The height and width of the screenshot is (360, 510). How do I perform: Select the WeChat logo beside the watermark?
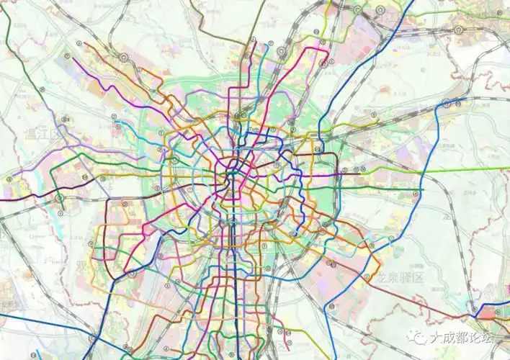pyautogui.click(x=416, y=336)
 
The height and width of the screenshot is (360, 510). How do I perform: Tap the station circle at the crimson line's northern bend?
pyautogui.click(x=323, y=63)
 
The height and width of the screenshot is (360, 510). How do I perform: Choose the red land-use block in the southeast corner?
pyautogui.click(x=497, y=312)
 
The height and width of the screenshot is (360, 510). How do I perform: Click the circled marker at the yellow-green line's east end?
pyautogui.click(x=447, y=103)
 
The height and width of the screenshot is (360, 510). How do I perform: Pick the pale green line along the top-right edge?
pyautogui.click(x=468, y=12)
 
